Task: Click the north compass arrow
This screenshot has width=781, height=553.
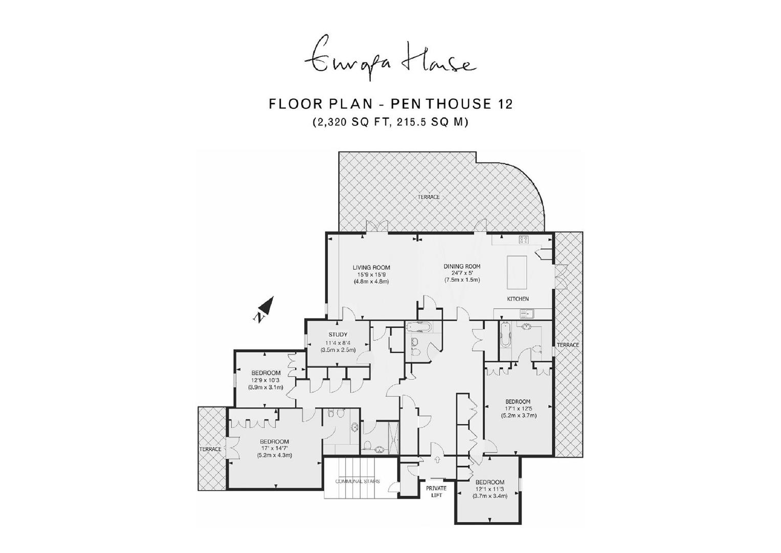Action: coord(264,309)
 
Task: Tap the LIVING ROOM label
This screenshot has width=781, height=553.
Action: coord(371,268)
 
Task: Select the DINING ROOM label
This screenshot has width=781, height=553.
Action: coord(462,266)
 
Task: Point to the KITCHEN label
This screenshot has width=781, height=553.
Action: coord(518,299)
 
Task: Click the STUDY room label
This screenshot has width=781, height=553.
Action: coord(338,334)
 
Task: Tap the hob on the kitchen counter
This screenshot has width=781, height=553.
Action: coord(524,240)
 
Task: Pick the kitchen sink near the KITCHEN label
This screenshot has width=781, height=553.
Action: coord(527,314)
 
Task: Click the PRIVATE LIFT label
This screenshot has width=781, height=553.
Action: coord(436,492)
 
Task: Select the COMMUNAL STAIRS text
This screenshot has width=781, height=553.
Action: coord(358,481)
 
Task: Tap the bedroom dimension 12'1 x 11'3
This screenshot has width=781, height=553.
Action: coord(490,489)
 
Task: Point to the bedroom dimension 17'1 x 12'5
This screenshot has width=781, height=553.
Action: coord(518,409)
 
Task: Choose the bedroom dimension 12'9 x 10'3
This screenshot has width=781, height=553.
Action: coord(265,380)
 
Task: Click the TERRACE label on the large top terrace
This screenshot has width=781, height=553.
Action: coord(429,197)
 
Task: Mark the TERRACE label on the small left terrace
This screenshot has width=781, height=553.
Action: coord(210,449)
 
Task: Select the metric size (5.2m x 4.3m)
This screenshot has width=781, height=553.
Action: coord(275,455)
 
